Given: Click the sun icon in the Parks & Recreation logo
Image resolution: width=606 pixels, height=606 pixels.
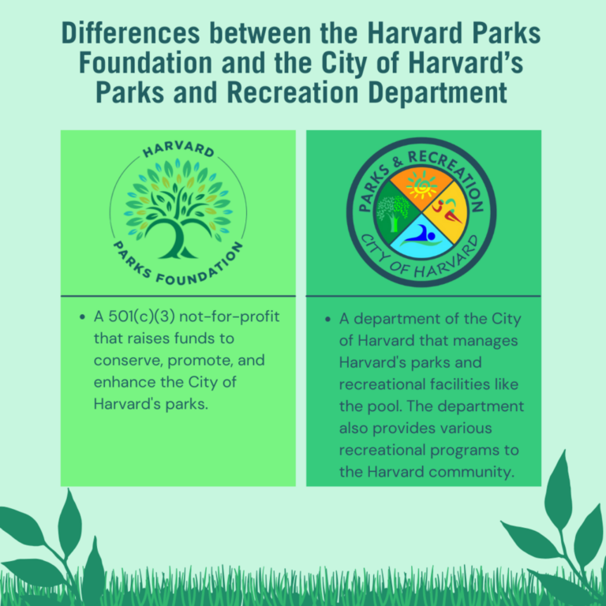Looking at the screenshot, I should (421, 186).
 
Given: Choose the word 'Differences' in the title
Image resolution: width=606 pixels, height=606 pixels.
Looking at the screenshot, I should (131, 35).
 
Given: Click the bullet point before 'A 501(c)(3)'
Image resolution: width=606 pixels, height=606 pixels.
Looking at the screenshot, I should (83, 318).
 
